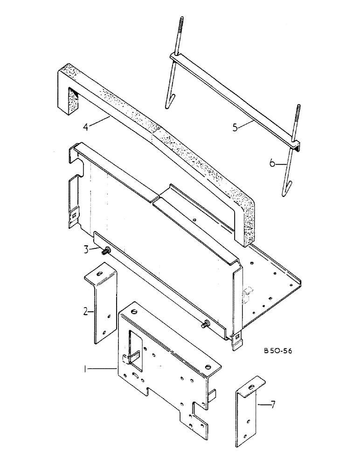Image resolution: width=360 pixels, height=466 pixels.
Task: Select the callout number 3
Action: (x=86, y=250)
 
